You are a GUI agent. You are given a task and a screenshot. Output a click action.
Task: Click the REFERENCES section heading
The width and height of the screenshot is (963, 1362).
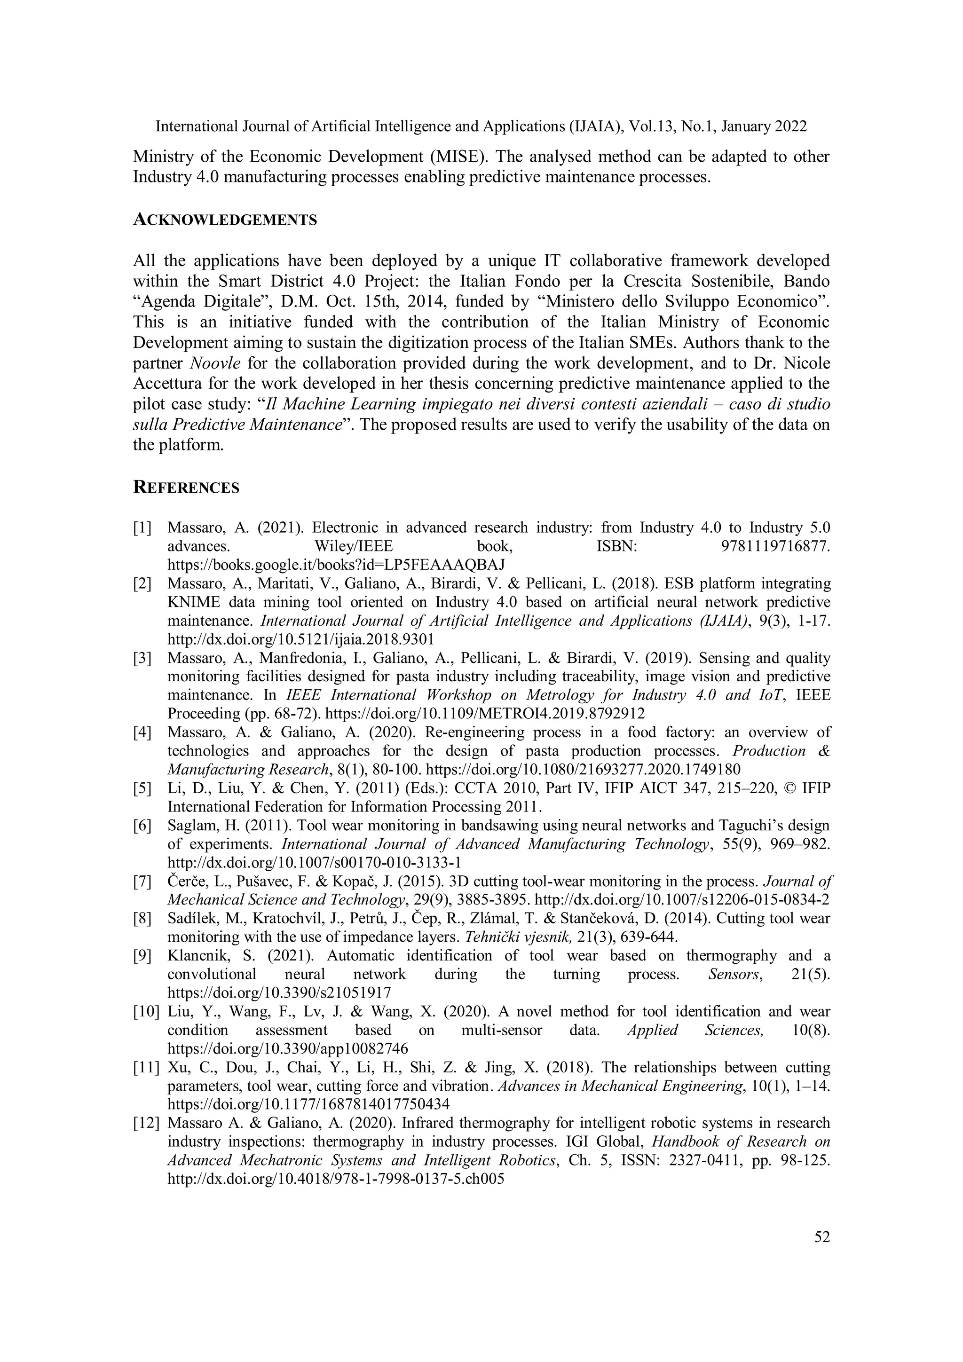point(186,488)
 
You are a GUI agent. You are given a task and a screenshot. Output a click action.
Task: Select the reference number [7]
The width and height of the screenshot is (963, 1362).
point(142,882)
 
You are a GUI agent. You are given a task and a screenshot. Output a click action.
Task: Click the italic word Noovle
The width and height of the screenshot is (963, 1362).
point(216,363)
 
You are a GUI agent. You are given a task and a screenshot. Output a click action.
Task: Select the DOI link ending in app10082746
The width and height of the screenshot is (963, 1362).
point(288,1049)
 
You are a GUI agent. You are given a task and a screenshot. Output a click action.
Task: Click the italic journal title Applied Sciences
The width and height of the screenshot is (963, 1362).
point(695,1031)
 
